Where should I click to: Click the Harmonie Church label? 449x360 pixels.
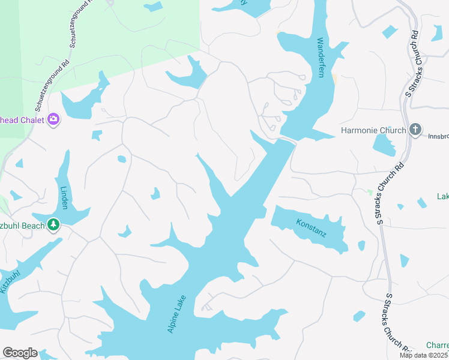click(x=373, y=130)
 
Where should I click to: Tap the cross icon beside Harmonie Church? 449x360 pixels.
click(x=415, y=129)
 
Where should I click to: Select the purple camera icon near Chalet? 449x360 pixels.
click(x=54, y=120)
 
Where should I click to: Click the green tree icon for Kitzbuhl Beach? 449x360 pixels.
click(x=54, y=224)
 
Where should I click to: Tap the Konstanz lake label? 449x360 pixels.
click(x=311, y=228)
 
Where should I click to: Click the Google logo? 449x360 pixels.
click(x=20, y=353)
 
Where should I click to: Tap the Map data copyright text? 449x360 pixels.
click(x=424, y=355)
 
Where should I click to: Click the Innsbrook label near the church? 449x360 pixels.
click(x=438, y=136)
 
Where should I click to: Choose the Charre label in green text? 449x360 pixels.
click(x=437, y=345)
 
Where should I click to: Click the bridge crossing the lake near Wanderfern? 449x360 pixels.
click(x=288, y=140)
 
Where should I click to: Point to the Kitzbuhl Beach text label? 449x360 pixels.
click(x=22, y=225)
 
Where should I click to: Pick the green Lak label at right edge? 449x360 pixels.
click(x=443, y=197)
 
